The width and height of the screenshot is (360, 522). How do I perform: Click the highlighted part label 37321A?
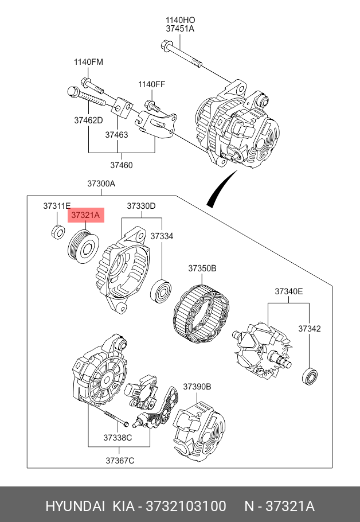tap(86, 215)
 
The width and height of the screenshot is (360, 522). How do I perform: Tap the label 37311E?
tap(57, 206)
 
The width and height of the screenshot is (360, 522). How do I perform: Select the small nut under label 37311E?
tap(58, 232)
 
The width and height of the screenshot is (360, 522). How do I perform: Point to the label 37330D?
tap(141, 206)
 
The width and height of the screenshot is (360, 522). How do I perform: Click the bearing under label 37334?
tap(161, 291)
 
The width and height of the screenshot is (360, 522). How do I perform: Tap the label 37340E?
tap(289, 291)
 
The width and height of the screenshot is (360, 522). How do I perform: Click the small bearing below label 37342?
tap(310, 376)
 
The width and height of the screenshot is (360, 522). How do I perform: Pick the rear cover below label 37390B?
tap(199, 428)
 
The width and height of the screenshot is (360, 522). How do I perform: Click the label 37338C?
tap(118, 438)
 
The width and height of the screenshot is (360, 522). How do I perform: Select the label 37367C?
tap(120, 461)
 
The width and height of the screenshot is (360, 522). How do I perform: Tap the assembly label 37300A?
tap(101, 184)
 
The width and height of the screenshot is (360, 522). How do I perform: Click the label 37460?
tap(122, 165)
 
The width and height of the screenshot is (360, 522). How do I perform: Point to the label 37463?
tap(116, 135)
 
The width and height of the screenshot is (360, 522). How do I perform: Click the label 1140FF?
tap(152, 84)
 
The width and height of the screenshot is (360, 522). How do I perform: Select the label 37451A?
tap(180, 29)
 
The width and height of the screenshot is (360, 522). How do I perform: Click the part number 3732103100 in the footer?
tap(186, 506)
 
